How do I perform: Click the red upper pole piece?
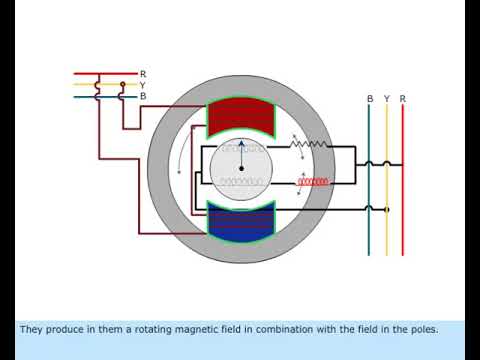point(240,117)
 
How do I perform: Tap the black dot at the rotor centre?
point(240,168)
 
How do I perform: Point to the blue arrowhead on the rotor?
point(240,144)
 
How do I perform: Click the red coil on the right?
point(315,182)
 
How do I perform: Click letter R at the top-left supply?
point(143,74)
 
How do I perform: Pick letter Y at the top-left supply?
point(143,85)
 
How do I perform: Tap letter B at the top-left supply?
point(143,96)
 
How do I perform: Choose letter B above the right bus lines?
point(370,99)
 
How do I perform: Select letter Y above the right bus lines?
point(386,99)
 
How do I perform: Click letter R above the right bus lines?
point(402,99)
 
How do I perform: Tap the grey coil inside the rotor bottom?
point(240,182)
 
